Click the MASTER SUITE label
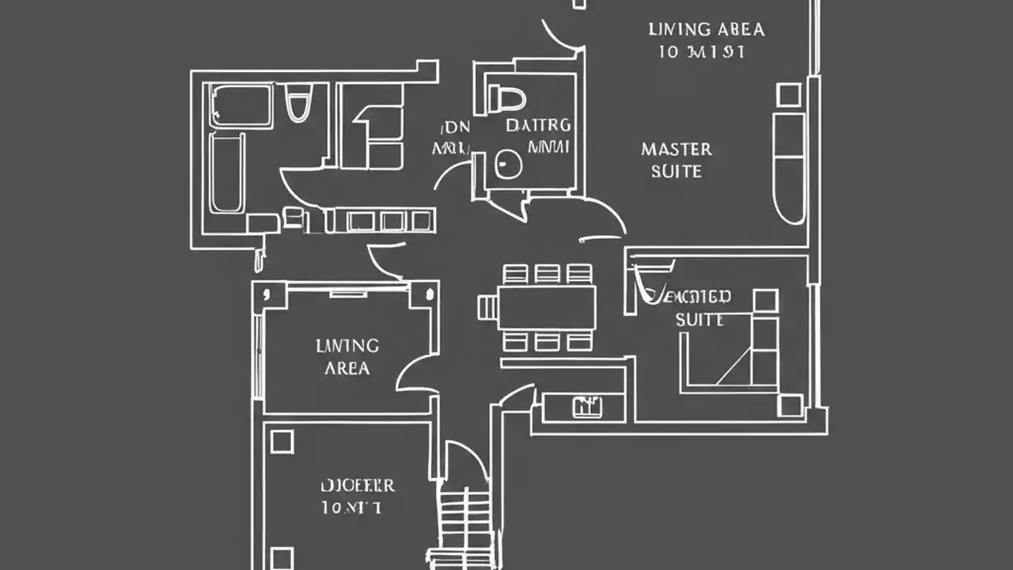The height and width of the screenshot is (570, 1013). point(677,159)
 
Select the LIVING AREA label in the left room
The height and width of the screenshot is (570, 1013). point(347,356)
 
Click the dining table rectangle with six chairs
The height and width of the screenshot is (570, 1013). point(547,308)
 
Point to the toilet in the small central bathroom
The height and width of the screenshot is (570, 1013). point(507,98)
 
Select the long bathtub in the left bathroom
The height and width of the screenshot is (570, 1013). point(227,172)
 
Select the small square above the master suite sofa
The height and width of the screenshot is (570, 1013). point(788,95)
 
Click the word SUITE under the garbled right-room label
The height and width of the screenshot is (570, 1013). point(699,320)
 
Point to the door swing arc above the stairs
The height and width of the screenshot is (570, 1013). point(467,459)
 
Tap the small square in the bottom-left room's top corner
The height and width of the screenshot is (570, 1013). point(282,441)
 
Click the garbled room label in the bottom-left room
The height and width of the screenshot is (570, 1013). point(357,496)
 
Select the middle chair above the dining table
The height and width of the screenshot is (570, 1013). point(547,273)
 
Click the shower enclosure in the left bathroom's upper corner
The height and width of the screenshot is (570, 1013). point(241,105)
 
